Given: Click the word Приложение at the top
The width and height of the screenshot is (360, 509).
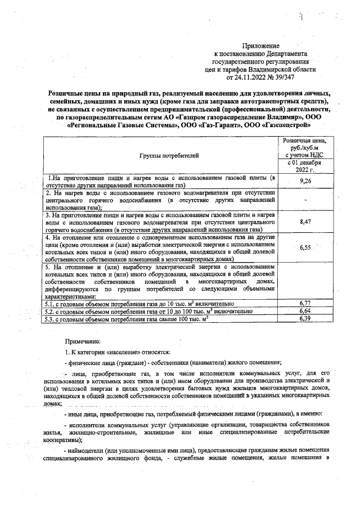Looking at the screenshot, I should tap(260, 45).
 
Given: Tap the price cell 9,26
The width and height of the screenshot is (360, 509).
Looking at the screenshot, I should tap(306, 181).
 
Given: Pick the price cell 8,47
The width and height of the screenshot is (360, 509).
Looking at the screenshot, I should tap(306, 222).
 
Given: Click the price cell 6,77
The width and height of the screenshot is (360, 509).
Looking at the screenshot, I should tap(306, 303).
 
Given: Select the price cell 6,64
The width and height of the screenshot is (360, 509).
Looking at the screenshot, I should tap(306, 310).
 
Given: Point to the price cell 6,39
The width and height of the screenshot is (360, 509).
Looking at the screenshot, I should tap(306, 318).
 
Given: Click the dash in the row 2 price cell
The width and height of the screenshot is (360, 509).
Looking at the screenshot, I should tap(306, 200).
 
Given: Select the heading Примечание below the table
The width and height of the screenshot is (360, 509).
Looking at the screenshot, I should tap(83, 340).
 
